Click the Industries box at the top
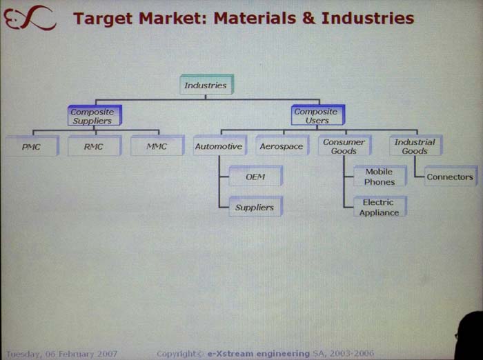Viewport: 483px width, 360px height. point(205,86)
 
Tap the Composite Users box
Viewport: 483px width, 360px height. point(317,116)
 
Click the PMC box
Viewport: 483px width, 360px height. point(31,146)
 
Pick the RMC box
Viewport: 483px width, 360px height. point(93,146)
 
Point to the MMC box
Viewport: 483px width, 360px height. point(157,146)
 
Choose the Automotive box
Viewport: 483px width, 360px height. point(218,146)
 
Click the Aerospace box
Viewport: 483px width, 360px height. point(281,147)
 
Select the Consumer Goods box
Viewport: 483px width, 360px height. point(344,146)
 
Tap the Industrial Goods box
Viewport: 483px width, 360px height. point(414,146)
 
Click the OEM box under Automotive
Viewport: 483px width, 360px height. point(255,177)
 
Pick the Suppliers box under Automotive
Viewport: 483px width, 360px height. point(255,207)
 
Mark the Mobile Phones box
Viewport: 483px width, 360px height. point(379,177)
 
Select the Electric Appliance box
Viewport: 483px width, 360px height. point(379,208)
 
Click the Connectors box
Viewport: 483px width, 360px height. point(450,177)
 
